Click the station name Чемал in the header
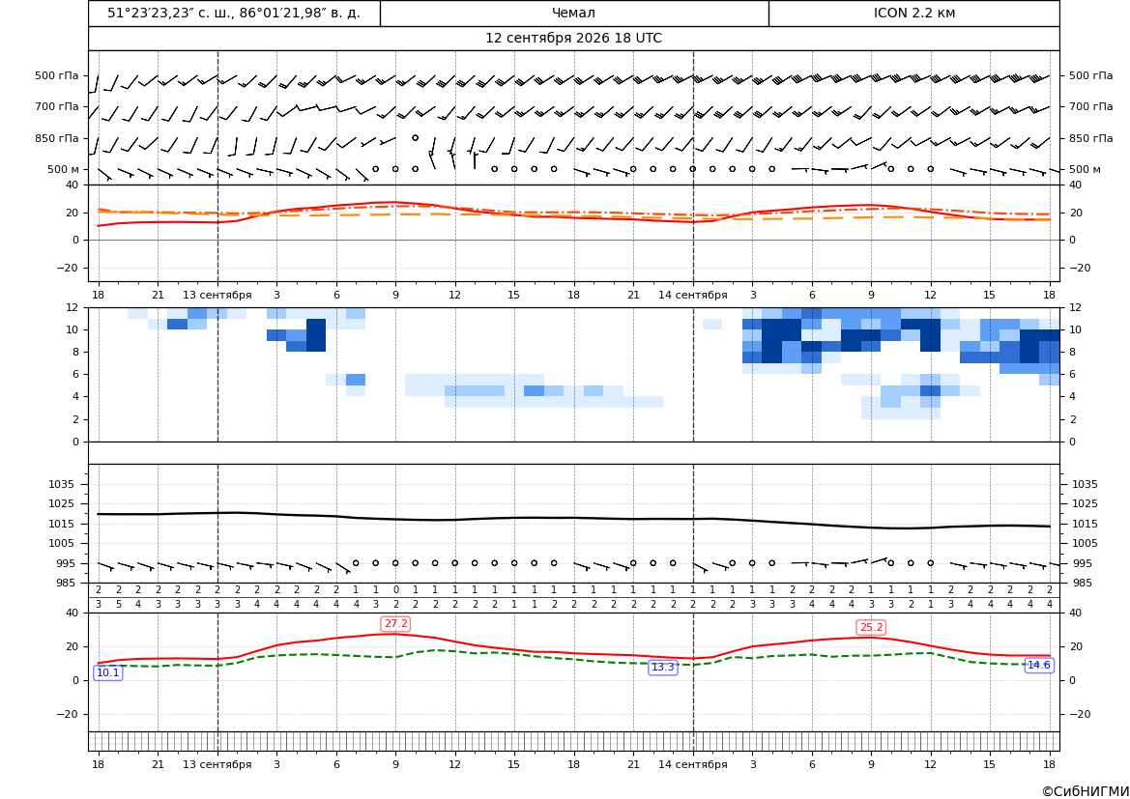pyautogui.click(x=573, y=13)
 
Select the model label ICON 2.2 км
pyautogui.click(x=913, y=13)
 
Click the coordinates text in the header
pyautogui.click(x=234, y=13)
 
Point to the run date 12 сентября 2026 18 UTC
pyautogui.click(x=573, y=39)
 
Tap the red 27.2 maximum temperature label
pyautogui.click(x=395, y=624)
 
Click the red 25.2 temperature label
pyautogui.click(x=871, y=628)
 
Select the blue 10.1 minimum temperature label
pyautogui.click(x=108, y=672)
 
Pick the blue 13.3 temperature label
pyautogui.click(x=663, y=668)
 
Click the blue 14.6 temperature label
pyautogui.click(x=1038, y=665)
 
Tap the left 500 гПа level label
pyautogui.click(x=57, y=75)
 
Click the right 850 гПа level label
pyautogui.click(x=1091, y=138)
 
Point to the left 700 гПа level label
pyautogui.click(x=57, y=106)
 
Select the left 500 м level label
pyautogui.click(x=63, y=169)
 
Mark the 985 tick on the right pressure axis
pyautogui.click(x=1082, y=583)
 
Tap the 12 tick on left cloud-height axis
pyautogui.click(x=72, y=307)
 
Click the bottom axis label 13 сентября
pyautogui.click(x=217, y=764)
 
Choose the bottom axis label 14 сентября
pyautogui.click(x=692, y=764)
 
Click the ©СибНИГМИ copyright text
pyautogui.click(x=1085, y=792)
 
